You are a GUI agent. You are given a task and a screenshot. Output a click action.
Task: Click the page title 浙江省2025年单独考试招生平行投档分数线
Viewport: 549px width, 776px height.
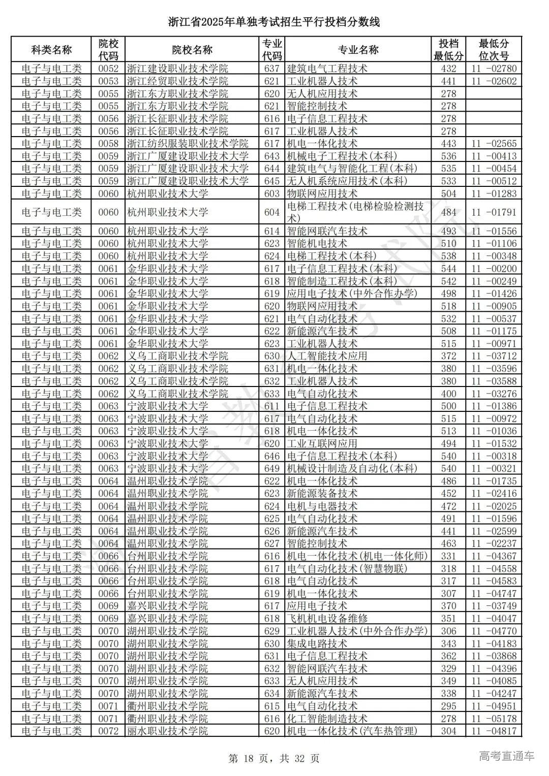coord(274,22)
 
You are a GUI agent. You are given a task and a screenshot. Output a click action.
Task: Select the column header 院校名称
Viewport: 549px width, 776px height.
coord(192,50)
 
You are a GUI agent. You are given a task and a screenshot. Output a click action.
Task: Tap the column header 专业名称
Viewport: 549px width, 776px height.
coord(358,50)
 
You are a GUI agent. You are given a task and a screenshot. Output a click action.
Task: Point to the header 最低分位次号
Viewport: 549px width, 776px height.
coord(494,50)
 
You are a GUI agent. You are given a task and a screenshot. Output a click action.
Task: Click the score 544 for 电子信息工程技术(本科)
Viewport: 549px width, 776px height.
coord(448,269)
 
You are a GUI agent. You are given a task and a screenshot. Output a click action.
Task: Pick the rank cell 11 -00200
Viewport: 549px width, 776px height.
coord(494,269)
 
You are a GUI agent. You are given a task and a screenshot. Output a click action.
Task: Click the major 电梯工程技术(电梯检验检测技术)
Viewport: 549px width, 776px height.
coord(356,212)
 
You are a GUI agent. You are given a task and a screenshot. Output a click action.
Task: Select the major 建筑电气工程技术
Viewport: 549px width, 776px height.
coord(327,69)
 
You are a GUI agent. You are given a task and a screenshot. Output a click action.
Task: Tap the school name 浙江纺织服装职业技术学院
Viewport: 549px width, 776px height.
coord(187,144)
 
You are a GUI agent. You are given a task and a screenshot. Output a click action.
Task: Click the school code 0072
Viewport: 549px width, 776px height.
coord(108,731)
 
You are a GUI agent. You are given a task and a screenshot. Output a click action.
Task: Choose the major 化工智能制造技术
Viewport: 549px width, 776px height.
coord(327,719)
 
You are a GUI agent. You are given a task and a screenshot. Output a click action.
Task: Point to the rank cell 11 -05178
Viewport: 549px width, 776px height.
coord(494,719)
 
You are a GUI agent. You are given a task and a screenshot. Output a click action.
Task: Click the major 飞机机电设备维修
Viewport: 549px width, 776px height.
coord(327,619)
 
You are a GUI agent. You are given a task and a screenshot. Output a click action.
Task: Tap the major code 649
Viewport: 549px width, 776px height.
coord(272,469)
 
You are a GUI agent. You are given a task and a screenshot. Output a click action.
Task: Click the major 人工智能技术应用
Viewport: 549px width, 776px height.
coord(327,356)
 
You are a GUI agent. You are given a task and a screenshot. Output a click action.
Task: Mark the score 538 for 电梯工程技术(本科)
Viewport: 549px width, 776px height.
coord(448,256)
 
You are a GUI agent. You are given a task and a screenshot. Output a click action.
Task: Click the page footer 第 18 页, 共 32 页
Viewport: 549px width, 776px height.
coord(274,759)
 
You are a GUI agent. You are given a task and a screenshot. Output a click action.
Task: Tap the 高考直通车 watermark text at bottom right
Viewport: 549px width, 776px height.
coord(506,756)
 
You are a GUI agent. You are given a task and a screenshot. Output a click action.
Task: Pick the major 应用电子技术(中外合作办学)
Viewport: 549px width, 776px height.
coord(352,294)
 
